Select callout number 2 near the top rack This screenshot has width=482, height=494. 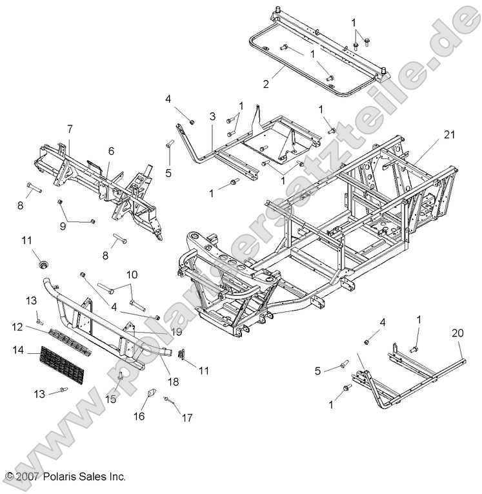(265, 84)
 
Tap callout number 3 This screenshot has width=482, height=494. (212, 117)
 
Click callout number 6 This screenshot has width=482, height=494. (110, 150)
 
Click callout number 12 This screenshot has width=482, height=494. (17, 327)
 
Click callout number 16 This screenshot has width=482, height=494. (139, 417)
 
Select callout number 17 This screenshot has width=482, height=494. (186, 418)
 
